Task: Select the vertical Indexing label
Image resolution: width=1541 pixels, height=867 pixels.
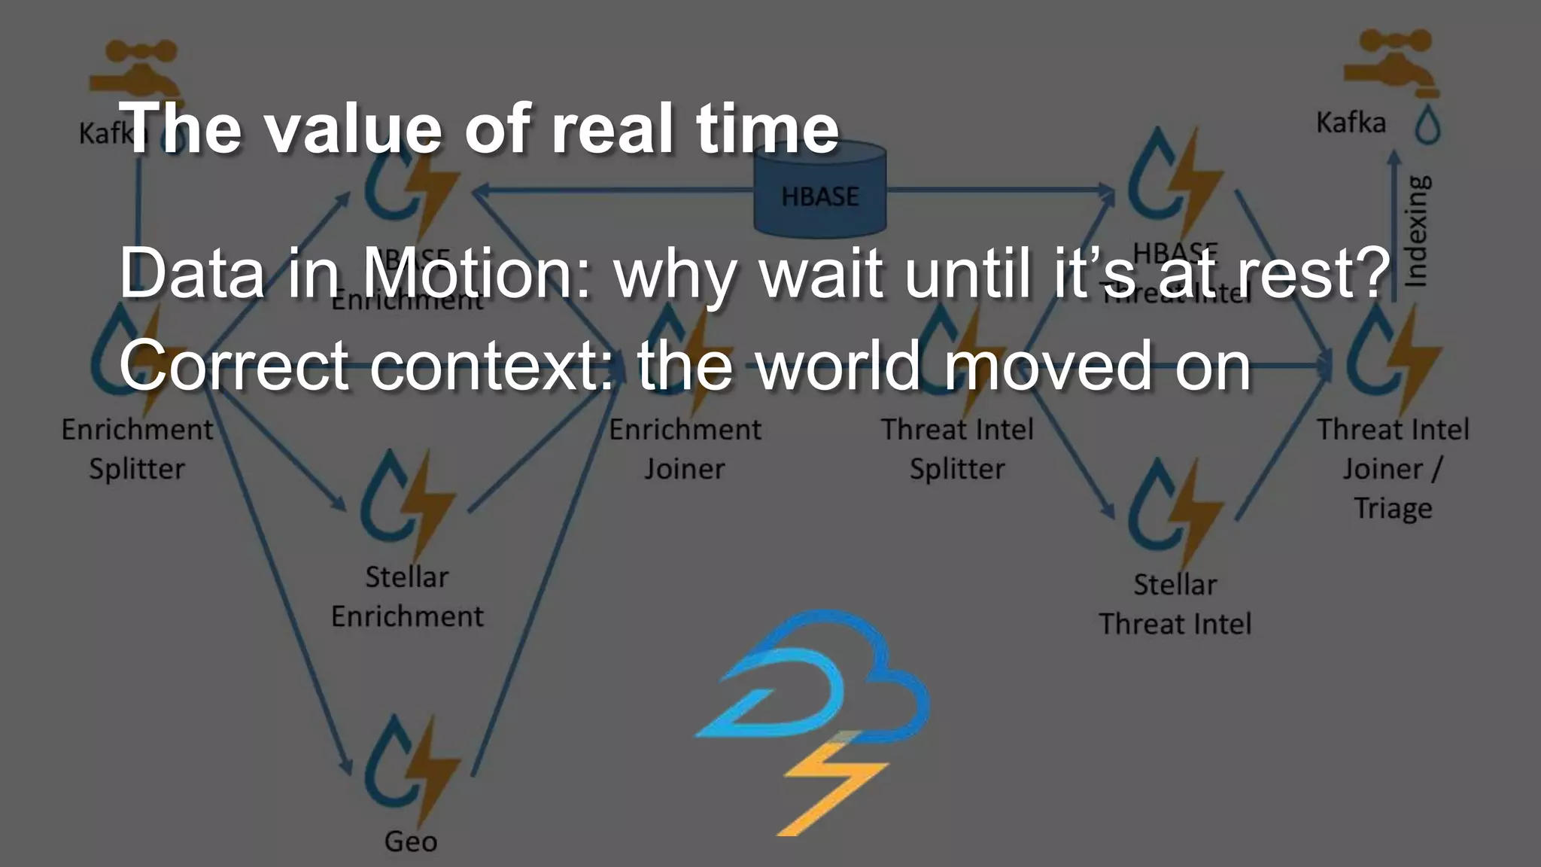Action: point(1416,230)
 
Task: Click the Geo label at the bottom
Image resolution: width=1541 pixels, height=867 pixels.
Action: point(410,841)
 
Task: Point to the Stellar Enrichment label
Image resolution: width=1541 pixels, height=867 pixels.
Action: point(407,597)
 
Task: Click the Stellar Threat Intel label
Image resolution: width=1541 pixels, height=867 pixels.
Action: point(1175,604)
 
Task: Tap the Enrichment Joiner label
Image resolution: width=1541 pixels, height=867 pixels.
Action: point(685,449)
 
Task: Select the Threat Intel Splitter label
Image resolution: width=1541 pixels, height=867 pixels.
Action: point(957,449)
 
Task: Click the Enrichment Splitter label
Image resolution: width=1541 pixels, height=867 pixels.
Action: point(137,449)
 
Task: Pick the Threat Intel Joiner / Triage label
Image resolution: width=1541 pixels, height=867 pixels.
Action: point(1392,469)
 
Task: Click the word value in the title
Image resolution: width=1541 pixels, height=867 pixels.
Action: point(350,129)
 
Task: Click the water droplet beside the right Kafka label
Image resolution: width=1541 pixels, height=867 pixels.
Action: point(1427,124)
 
